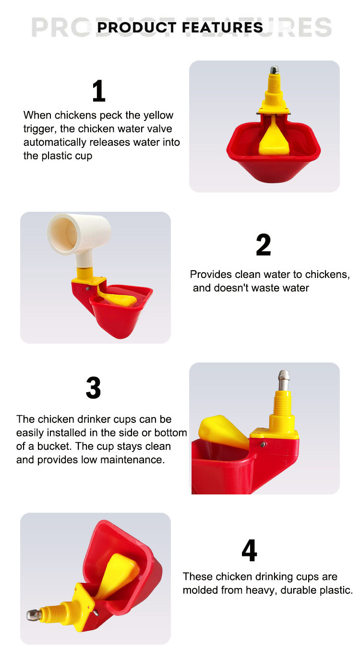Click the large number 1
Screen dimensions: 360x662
pyautogui.click(x=99, y=91)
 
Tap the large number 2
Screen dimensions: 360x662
pyautogui.click(x=264, y=244)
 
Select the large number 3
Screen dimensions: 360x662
pyautogui.click(x=94, y=387)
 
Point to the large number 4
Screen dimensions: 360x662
pyautogui.click(x=249, y=550)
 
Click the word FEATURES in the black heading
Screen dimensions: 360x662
pyautogui.click(x=222, y=27)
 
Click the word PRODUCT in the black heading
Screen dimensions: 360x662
pyautogui.click(x=137, y=27)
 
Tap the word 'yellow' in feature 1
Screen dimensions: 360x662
pyautogui.click(x=158, y=115)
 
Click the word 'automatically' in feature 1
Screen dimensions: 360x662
pyautogui.click(x=55, y=143)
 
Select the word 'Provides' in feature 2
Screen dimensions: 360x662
pyautogui.click(x=211, y=274)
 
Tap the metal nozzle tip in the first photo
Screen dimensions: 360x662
pyautogui.click(x=275, y=70)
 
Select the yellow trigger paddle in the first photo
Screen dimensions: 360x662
pyautogui.click(x=274, y=137)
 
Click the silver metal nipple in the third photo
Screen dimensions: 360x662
pyautogui.click(x=284, y=381)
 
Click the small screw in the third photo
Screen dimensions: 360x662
pyautogui.click(x=263, y=444)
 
